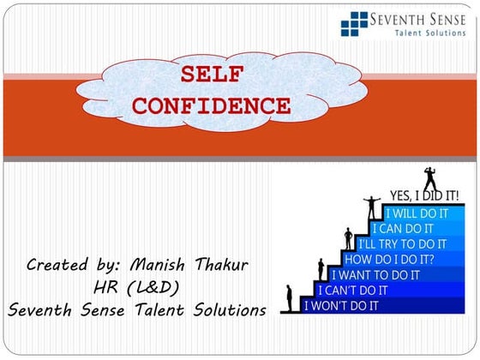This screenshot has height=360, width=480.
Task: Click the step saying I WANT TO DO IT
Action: click(375, 274)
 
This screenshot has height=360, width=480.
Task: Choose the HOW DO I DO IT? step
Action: click(388, 259)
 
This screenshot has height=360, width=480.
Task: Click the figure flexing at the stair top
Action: click(430, 177)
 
